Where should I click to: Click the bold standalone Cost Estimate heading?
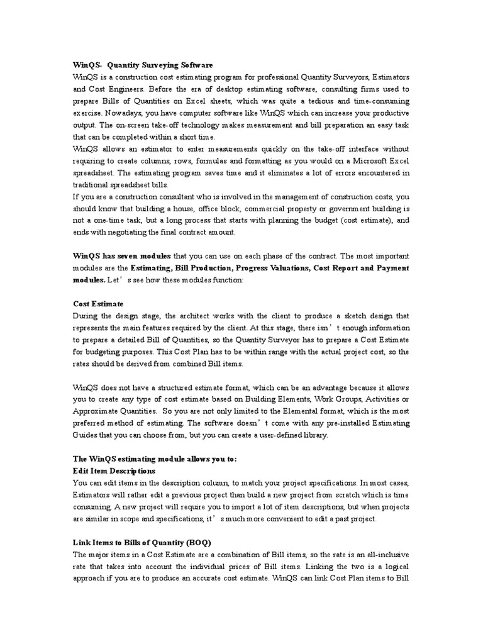click(98, 304)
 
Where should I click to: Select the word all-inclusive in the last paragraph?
click(386, 555)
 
